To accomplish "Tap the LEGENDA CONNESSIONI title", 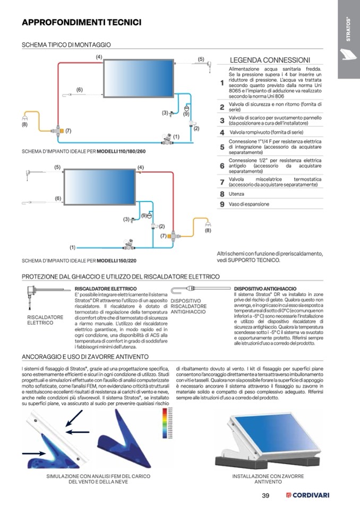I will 269,60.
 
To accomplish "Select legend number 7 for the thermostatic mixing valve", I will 222,182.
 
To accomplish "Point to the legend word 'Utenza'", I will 236,194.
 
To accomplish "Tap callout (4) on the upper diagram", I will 99,56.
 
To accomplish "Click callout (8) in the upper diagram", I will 24,125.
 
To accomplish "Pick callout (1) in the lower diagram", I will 72,247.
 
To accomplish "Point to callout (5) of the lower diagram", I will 57,167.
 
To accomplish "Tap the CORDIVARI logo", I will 307,496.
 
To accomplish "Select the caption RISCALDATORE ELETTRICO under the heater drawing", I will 45,320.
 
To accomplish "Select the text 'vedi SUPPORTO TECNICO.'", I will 248,260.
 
